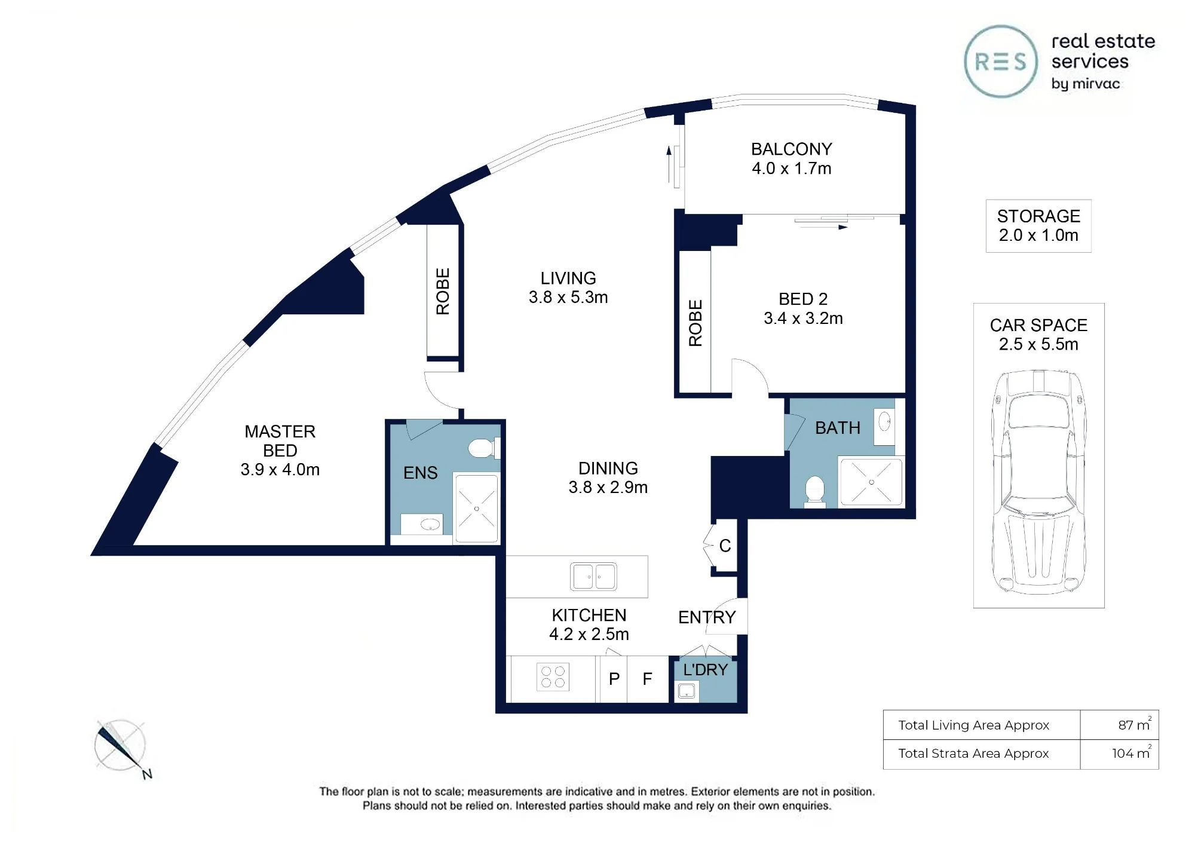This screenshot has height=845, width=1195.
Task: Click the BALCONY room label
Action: pyautogui.click(x=792, y=149)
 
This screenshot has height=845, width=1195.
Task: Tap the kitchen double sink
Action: pyautogui.click(x=593, y=577)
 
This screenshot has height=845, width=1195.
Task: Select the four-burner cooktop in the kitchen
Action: pyautogui.click(x=553, y=676)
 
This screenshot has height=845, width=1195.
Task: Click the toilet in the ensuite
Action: pyautogui.click(x=483, y=448)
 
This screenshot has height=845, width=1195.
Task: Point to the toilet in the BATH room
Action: pyautogui.click(x=815, y=491)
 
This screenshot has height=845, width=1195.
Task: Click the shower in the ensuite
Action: pyautogui.click(x=476, y=509)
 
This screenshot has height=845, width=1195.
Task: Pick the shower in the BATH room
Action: pyautogui.click(x=871, y=482)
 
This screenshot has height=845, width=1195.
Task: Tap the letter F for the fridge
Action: pyautogui.click(x=647, y=679)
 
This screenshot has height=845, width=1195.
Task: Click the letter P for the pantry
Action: pyautogui.click(x=614, y=679)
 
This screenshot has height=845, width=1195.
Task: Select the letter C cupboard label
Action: pyautogui.click(x=725, y=546)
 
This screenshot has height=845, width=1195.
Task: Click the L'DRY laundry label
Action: pyautogui.click(x=706, y=669)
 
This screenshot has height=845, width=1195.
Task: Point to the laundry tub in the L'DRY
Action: pyautogui.click(x=687, y=692)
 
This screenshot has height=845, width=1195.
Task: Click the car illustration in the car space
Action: pyautogui.click(x=1039, y=482)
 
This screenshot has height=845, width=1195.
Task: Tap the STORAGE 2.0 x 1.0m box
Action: pyautogui.click(x=1038, y=226)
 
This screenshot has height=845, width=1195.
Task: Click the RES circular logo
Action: pyautogui.click(x=1001, y=62)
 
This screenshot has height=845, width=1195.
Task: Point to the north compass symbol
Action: pyautogui.click(x=121, y=747)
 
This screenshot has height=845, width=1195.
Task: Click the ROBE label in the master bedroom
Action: pyautogui.click(x=443, y=291)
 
